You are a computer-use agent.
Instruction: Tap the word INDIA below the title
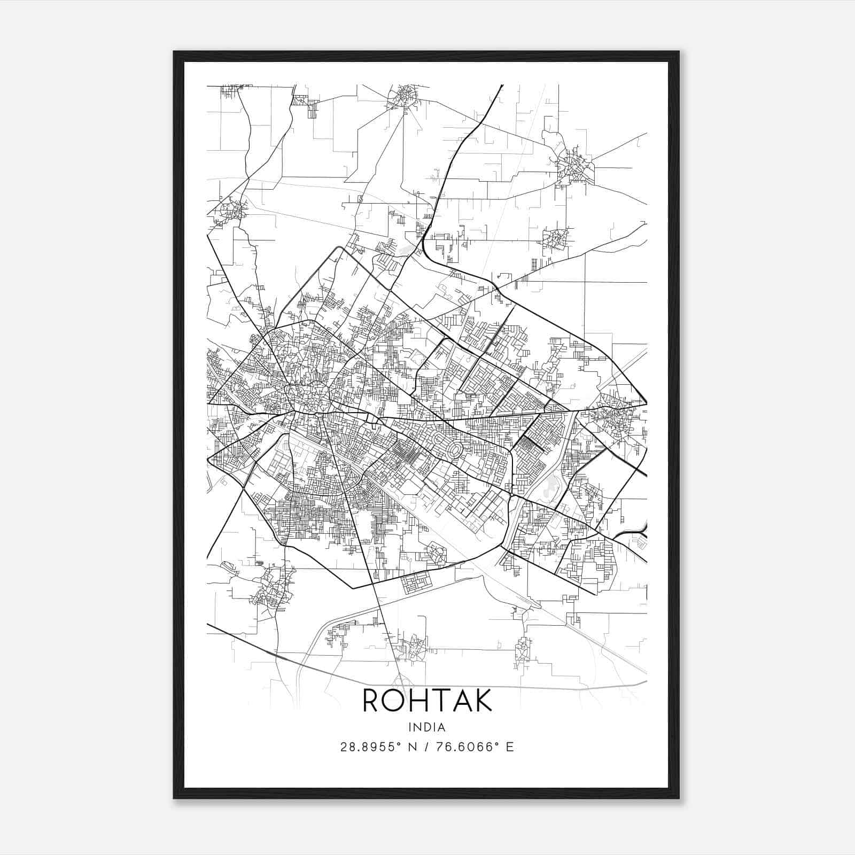point(427,727)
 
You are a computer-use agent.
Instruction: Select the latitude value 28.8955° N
point(379,747)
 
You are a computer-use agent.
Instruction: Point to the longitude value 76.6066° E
point(475,747)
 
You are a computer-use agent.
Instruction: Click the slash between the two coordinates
point(427,747)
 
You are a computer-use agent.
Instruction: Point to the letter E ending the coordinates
point(510,747)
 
